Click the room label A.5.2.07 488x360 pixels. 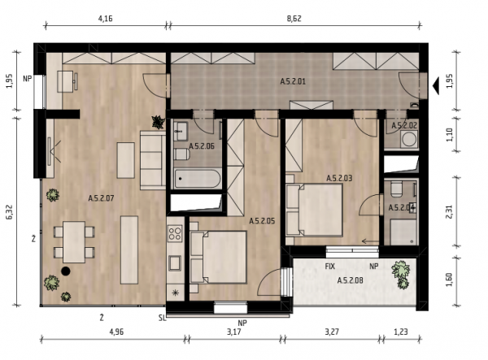[x=101, y=198]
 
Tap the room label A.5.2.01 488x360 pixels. [x=293, y=81]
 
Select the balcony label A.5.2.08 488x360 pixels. [x=350, y=280]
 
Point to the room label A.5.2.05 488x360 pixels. [x=262, y=221]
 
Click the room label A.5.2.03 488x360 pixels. [x=339, y=178]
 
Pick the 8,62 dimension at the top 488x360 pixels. [x=294, y=19]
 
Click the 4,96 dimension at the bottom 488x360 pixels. [x=116, y=332]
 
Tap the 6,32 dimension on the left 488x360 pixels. [x=10, y=212]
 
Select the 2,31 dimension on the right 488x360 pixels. [x=449, y=211]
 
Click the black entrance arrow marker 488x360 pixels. [x=436, y=86]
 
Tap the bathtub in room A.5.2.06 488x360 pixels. [x=198, y=179]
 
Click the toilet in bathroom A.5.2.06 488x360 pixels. [x=181, y=154]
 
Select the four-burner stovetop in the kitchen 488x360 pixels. [x=175, y=233]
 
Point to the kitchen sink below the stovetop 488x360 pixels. [x=175, y=263]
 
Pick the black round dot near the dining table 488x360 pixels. [x=65, y=271]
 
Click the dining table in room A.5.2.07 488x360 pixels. [x=74, y=242]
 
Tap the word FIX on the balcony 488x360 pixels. [x=330, y=267]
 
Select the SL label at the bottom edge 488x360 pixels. [x=162, y=318]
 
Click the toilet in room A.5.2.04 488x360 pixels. [x=396, y=189]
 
